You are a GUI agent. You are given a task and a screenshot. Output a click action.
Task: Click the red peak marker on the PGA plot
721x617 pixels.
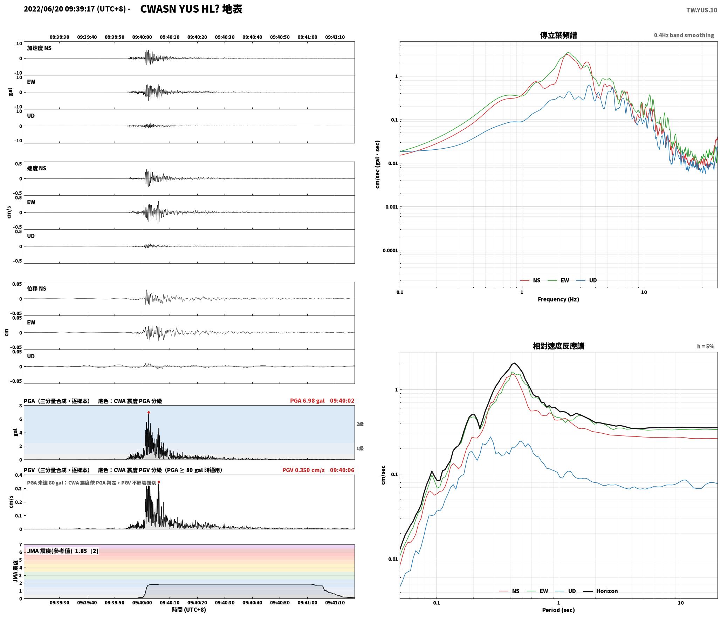point(149,412)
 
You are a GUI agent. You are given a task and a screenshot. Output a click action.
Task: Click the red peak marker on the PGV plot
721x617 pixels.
point(159,482)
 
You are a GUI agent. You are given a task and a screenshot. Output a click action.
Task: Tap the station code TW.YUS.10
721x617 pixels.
point(701,10)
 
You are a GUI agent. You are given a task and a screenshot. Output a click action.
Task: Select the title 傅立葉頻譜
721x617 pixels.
point(558,35)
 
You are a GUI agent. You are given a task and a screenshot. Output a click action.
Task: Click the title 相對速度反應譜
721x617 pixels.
point(558,346)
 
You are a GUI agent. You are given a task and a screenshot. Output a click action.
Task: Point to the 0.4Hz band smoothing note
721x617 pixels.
point(684,35)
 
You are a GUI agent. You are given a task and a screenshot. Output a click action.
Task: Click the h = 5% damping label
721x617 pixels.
point(706,346)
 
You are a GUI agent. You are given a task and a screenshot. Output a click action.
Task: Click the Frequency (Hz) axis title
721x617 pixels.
point(558,299)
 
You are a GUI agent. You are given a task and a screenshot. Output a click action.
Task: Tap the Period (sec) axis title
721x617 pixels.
point(558,610)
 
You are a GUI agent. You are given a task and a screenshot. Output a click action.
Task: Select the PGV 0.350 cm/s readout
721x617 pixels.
point(303,470)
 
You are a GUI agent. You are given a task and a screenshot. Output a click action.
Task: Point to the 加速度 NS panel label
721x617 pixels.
point(39,48)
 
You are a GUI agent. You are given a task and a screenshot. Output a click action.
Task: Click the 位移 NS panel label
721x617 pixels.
point(37,289)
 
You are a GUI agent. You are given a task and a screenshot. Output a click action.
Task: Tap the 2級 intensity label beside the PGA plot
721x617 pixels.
point(360,424)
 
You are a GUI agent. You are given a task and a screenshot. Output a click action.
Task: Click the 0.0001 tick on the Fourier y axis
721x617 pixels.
point(389,250)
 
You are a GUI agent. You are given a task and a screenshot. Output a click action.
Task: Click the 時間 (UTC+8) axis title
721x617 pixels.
point(189,610)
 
